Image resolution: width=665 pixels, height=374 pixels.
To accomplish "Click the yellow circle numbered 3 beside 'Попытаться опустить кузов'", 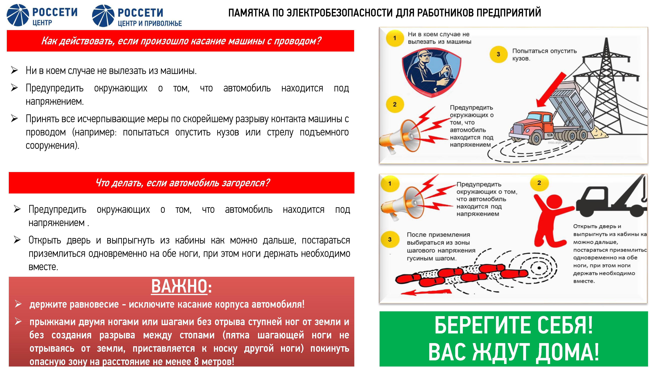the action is (498, 54).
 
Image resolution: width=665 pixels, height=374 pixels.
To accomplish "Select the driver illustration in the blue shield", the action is (431, 74).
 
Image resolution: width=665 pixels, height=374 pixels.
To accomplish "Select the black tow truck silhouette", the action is (612, 199).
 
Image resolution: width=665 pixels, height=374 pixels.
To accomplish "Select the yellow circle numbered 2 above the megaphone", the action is (395, 105).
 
